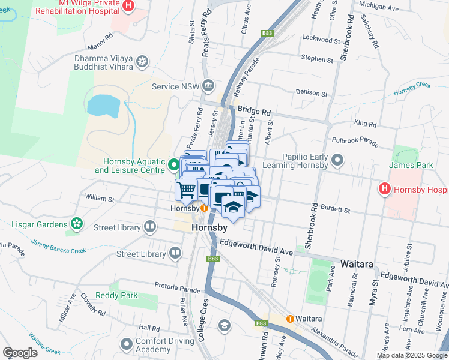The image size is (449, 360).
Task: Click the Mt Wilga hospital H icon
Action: [128, 5]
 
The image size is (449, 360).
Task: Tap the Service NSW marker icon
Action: [208, 86]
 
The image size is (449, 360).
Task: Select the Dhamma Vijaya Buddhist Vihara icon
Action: [142, 61]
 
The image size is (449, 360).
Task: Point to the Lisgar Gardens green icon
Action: [76, 224]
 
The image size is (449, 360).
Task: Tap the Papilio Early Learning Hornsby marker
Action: [337, 160]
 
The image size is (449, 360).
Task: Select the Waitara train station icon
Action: [290, 319]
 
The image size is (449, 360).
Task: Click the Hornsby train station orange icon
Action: [204, 209]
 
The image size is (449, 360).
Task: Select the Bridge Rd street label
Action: [254, 111]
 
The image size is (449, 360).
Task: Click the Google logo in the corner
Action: [20, 352]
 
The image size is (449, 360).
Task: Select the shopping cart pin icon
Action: [186, 189]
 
